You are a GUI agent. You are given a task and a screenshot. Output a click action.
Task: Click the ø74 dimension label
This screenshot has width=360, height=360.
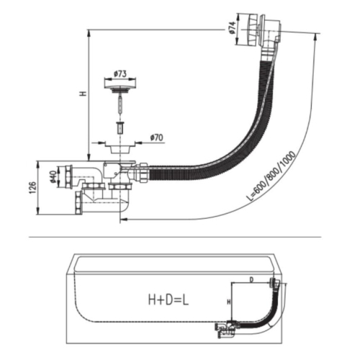point(232,27)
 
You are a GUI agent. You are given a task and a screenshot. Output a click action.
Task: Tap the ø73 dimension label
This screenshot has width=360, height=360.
point(120,74)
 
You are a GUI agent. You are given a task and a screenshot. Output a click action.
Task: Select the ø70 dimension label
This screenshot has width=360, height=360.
point(156,138)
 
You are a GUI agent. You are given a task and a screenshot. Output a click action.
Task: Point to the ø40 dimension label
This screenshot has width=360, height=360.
point(53,176)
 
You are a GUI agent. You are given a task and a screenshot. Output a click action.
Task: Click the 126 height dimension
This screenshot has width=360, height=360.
point(32,188)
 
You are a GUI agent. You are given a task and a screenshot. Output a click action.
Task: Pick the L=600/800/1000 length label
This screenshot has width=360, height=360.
point(271,176)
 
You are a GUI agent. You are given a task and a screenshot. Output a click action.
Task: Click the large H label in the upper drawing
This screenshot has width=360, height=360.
point(84,94)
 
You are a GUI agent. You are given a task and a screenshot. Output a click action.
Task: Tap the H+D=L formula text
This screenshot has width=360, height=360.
point(168,300)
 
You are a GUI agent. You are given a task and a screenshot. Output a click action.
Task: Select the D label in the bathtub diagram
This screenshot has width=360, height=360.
point(251,279)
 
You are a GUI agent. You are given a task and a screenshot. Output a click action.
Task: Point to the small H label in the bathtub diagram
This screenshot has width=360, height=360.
point(229,302)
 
